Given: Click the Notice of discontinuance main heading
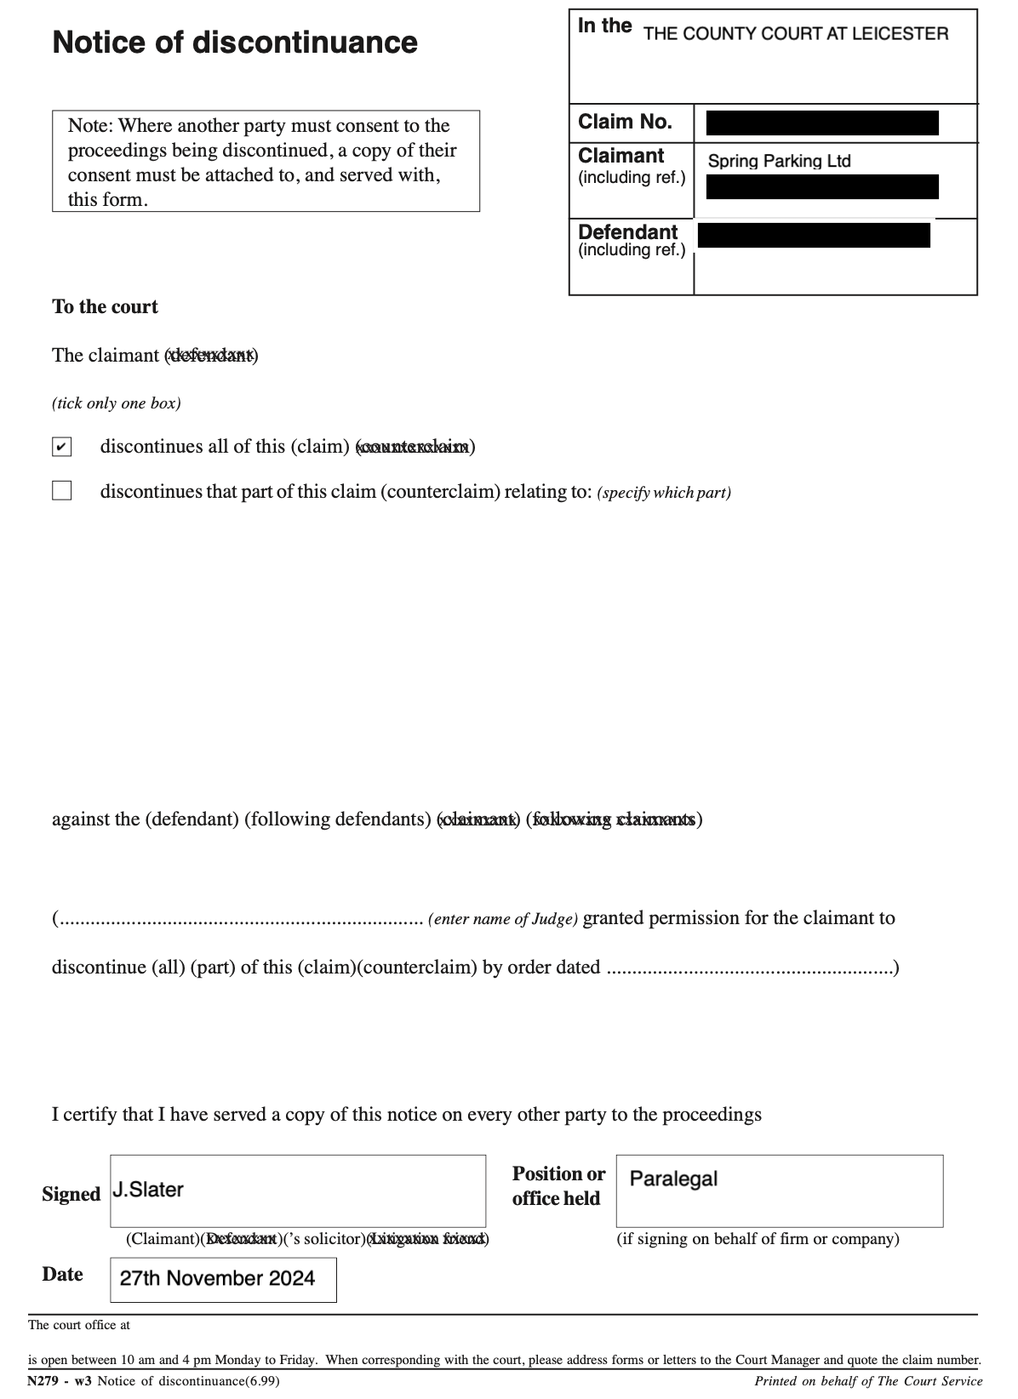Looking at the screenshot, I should (235, 43).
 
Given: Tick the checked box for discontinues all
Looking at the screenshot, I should (61, 447).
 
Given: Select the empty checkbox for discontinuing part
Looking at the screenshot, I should (61, 491).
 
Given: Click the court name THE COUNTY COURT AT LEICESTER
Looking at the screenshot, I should (795, 34).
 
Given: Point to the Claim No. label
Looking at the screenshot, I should (625, 122).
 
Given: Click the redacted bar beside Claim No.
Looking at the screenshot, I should (822, 123).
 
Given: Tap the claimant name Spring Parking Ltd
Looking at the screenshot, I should (779, 161).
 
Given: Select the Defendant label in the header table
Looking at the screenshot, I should (627, 232).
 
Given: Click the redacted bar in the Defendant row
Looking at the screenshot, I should (814, 235).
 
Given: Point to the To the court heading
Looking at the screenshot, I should (105, 307).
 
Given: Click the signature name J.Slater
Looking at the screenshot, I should (148, 1190).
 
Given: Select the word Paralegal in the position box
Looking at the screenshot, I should (673, 1179).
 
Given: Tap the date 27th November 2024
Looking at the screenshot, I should (217, 1278).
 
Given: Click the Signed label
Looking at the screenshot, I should (71, 1195).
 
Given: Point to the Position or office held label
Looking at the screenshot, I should (558, 1186).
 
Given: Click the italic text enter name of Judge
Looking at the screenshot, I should (503, 919).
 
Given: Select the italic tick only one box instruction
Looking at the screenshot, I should (117, 403).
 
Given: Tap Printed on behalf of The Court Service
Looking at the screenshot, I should (867, 1381).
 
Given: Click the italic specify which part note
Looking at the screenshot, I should (664, 493).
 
